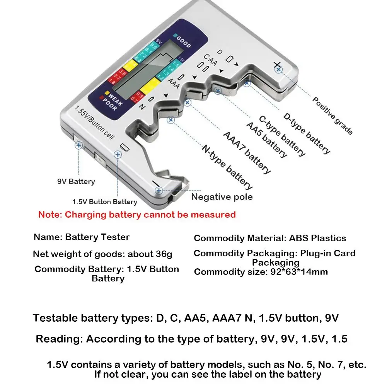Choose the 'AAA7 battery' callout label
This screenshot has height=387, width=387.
pyautogui.click(x=247, y=152)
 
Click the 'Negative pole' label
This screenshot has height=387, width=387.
pyautogui.click(x=222, y=197)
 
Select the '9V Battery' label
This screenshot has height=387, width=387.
pyautogui.click(x=76, y=181)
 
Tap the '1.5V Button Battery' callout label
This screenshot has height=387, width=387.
pyautogui.click(x=105, y=202)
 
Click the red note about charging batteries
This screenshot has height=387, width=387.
pyautogui.click(x=137, y=215)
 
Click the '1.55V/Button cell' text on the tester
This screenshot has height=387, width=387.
pyautogui.click(x=95, y=121)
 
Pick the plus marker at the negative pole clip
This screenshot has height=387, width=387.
pyautogui.click(x=159, y=190)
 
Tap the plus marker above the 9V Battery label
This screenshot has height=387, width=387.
pyautogui.click(x=79, y=145)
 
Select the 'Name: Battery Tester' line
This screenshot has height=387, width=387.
pyautogui.click(x=82, y=237)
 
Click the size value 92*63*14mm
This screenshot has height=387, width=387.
pyautogui.click(x=297, y=272)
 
